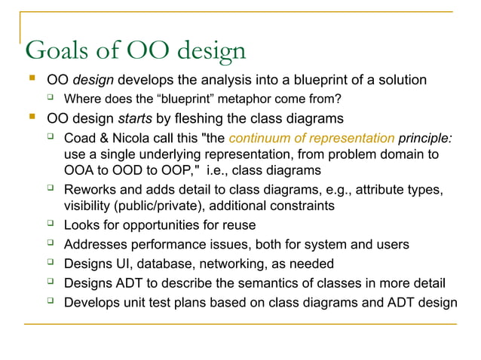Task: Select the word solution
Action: pyautogui.click(x=402, y=80)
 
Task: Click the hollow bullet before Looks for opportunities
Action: pyautogui.click(x=51, y=224)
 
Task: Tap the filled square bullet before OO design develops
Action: pyautogui.click(x=31, y=78)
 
